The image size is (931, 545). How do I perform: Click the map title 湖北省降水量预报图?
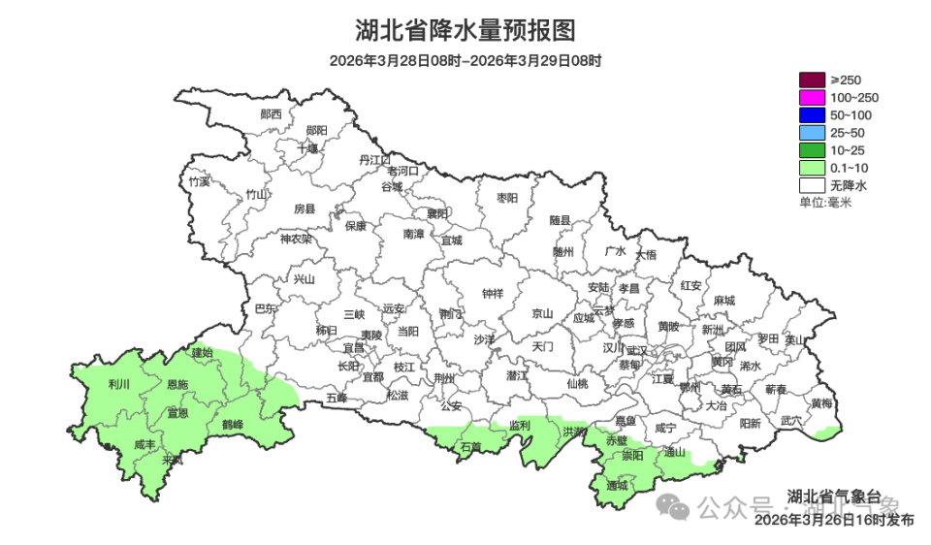(x=465, y=30)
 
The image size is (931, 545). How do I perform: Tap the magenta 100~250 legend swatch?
(x=812, y=97)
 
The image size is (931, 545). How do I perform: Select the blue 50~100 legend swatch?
(x=812, y=114)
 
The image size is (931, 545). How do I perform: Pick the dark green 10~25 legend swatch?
(x=812, y=149)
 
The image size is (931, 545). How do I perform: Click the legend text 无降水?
(x=848, y=184)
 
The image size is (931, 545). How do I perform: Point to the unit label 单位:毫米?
(x=824, y=202)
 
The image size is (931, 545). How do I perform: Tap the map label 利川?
(x=119, y=385)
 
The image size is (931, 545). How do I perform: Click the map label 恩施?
(x=177, y=385)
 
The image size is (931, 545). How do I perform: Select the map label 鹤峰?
(x=232, y=425)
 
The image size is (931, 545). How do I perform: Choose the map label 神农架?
(x=296, y=239)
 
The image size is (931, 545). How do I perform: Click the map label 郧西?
(x=272, y=113)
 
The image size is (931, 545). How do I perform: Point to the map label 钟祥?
(x=493, y=294)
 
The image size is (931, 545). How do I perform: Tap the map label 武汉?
(x=637, y=350)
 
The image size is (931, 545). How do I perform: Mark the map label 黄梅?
(x=821, y=402)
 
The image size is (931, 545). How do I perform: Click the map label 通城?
(x=617, y=484)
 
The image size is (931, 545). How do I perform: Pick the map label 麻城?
(x=723, y=301)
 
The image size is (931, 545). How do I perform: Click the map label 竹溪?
(x=199, y=181)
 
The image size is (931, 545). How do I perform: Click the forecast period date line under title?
(x=465, y=60)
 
